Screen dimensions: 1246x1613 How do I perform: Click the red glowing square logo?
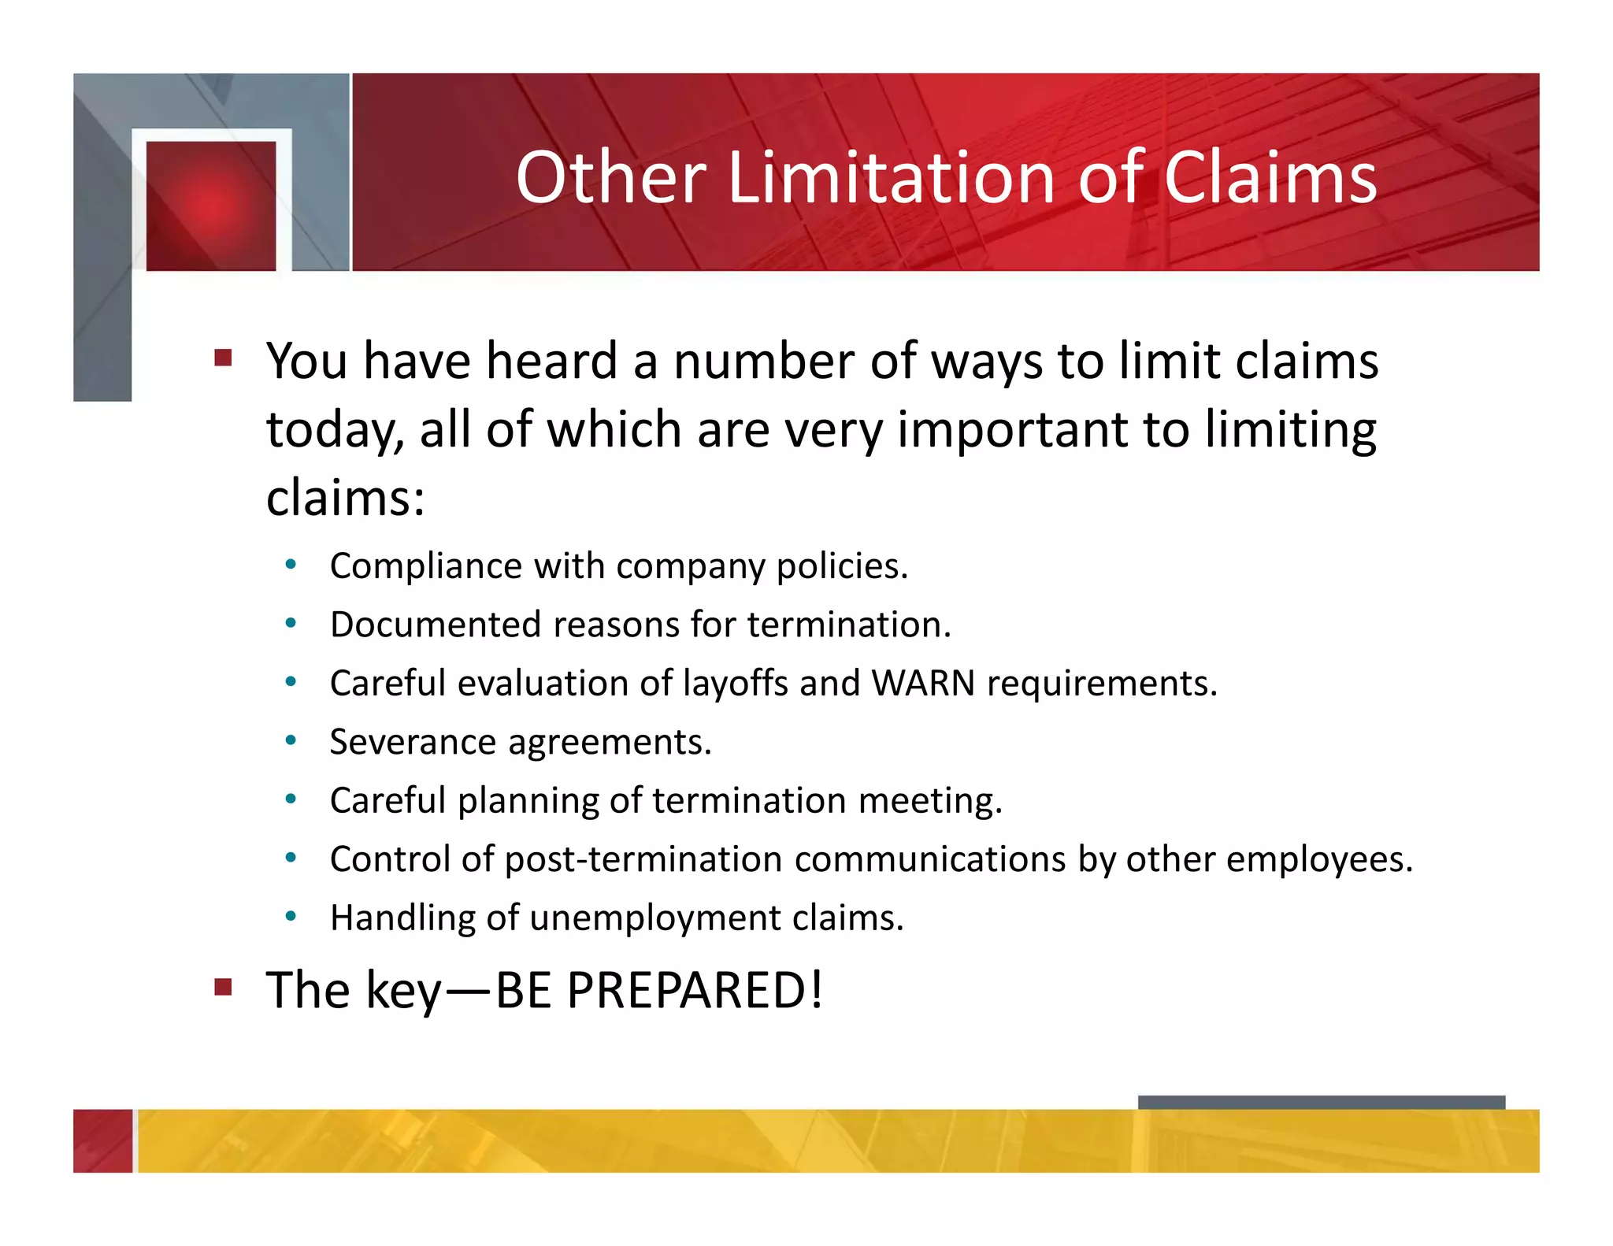tap(211, 206)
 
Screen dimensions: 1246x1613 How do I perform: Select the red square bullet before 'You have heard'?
tap(224, 358)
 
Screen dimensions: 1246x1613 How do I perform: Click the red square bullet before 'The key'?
tap(224, 987)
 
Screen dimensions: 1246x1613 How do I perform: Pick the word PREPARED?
tap(695, 990)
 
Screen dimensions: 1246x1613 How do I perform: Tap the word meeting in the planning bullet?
tap(929, 801)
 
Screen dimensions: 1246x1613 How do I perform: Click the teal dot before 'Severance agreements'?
tap(291, 740)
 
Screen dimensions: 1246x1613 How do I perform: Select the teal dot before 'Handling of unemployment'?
tap(291, 916)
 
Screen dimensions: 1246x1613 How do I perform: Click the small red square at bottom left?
tap(102, 1140)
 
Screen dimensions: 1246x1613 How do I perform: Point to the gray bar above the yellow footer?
tap(1321, 1102)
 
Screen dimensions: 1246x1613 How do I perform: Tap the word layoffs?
tap(735, 683)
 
